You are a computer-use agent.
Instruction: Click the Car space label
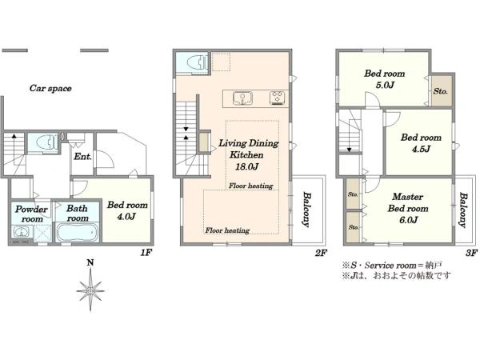pyautogui.click(x=50, y=89)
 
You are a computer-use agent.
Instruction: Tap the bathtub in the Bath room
pyautogui.click(x=77, y=232)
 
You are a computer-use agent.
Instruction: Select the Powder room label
pyautogui.click(x=31, y=214)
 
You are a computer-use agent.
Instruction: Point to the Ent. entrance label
pyautogui.click(x=82, y=157)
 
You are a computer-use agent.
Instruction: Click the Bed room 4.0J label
pyautogui.click(x=127, y=210)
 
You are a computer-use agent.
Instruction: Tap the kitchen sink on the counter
pyautogui.click(x=242, y=98)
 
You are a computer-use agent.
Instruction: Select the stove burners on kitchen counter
pyautogui.click(x=278, y=98)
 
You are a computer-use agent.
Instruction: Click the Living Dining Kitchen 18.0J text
pyautogui.click(x=248, y=155)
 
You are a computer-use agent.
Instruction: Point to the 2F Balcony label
pyautogui.click(x=306, y=210)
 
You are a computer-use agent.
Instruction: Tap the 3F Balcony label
pyautogui.click(x=463, y=210)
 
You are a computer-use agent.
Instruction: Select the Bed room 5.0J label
pyautogui.click(x=385, y=79)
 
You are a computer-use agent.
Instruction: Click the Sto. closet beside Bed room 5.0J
pyautogui.click(x=441, y=91)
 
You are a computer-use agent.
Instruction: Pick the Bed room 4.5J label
pyautogui.click(x=421, y=143)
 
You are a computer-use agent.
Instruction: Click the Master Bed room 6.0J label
pyautogui.click(x=408, y=208)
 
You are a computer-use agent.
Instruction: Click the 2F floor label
pyautogui.click(x=321, y=253)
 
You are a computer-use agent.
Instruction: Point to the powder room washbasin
pyautogui.click(x=22, y=232)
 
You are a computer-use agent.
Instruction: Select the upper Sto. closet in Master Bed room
pyautogui.click(x=353, y=194)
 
